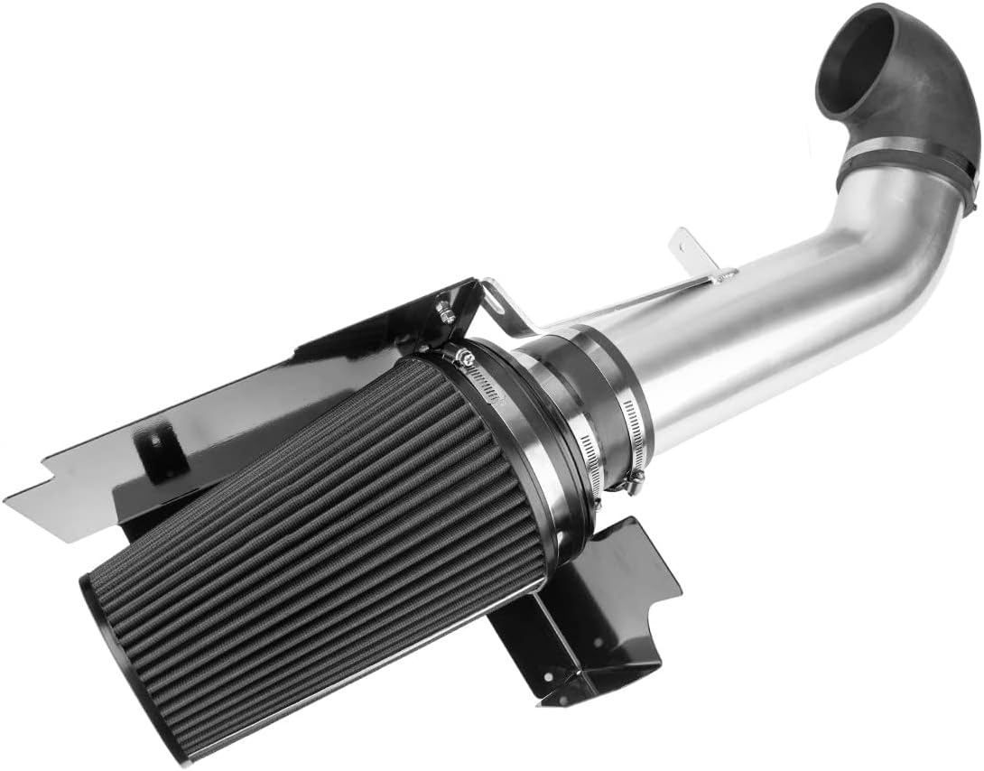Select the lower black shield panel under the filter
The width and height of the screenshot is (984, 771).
pos(596,614)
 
